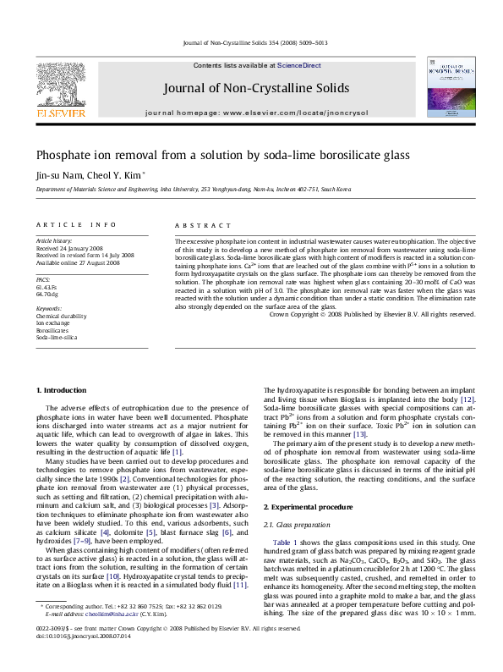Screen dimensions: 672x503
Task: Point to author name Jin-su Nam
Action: click(57, 176)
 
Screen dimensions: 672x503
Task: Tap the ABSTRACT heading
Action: click(202, 225)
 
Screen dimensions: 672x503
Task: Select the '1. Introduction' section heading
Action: click(64, 389)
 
